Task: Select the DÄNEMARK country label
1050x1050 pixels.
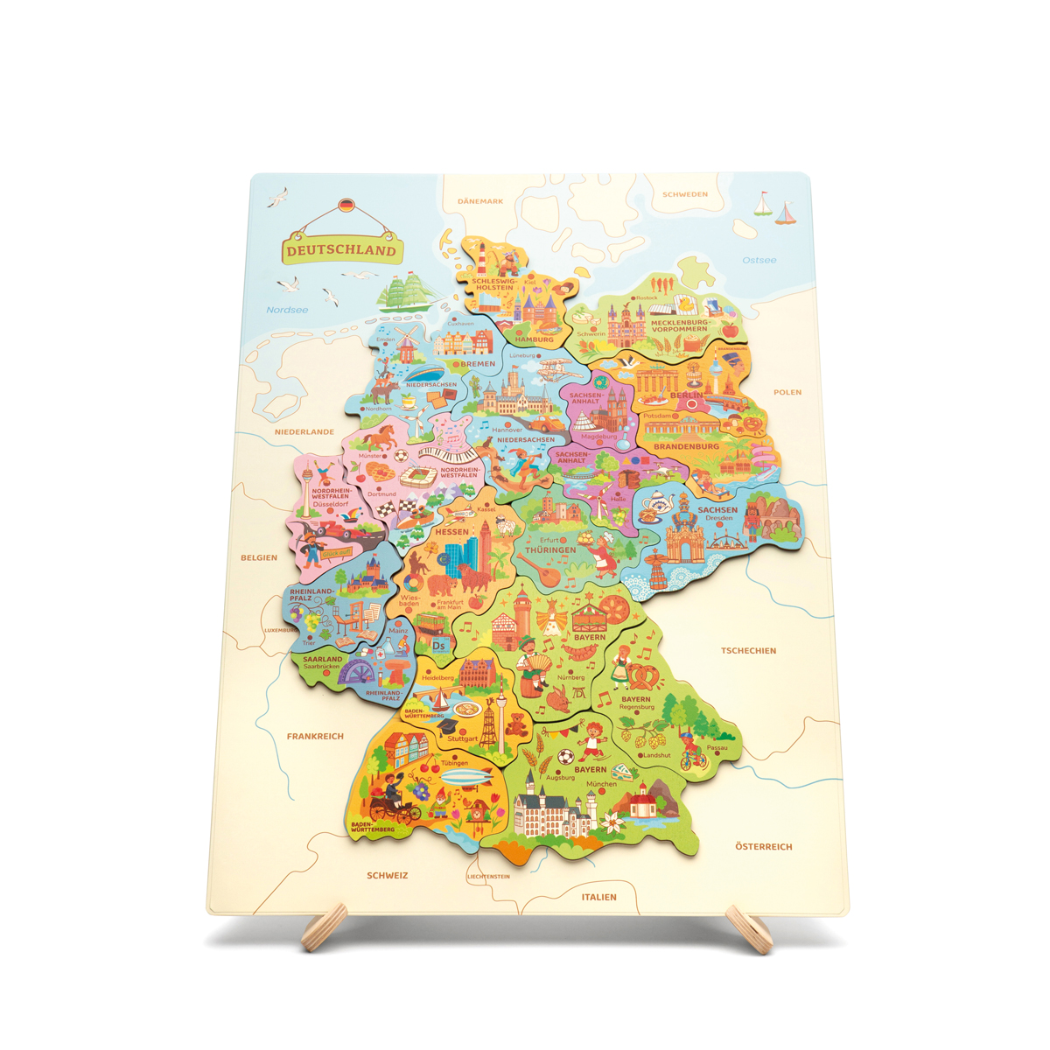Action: pos(480,201)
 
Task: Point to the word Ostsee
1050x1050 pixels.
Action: pos(759,260)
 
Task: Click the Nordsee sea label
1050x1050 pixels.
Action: pos(287,310)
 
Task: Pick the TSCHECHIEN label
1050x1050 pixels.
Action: pos(748,651)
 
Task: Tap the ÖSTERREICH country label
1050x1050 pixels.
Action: pos(763,846)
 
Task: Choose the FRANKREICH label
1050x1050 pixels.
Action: pos(315,737)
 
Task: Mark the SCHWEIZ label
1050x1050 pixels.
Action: pos(387,875)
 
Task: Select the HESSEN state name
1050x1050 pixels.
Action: pos(451,532)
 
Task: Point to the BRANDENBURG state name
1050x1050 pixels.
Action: pos(686,446)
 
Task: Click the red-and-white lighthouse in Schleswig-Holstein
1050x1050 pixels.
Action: pos(480,259)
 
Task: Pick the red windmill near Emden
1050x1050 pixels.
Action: pos(405,346)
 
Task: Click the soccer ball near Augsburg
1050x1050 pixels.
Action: pos(565,757)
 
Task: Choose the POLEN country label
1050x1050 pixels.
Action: pos(787,392)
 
